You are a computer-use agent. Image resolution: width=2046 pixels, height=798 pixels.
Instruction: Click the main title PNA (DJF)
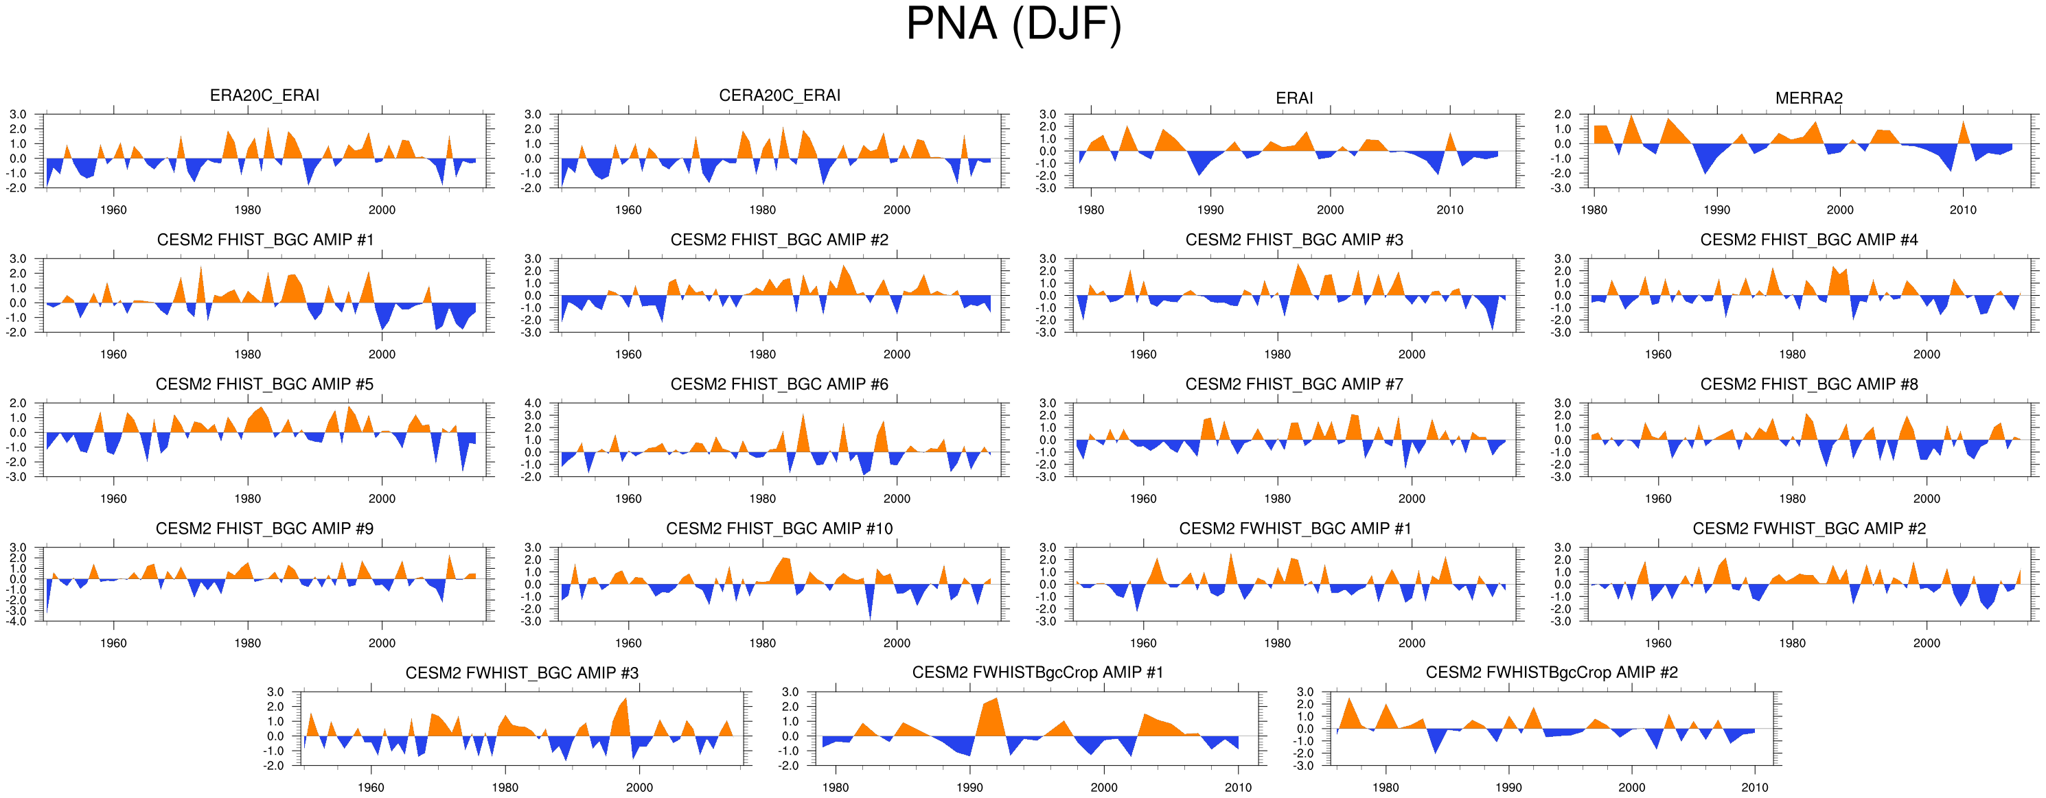pos(1013,25)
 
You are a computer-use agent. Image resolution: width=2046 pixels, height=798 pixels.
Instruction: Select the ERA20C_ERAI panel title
pos(264,95)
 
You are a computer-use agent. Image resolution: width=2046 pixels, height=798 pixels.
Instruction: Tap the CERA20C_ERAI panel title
pos(779,95)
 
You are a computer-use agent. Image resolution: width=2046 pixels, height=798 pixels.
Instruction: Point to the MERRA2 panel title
pos(1808,97)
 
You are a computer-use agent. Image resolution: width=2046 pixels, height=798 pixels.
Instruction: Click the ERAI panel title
pos(1294,97)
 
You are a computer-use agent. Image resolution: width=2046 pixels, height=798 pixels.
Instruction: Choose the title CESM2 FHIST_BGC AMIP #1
pos(264,239)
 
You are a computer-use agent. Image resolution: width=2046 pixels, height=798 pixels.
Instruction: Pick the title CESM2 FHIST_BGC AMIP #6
pos(779,384)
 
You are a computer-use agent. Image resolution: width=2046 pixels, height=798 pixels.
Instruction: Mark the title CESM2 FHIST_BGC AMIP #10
pos(779,529)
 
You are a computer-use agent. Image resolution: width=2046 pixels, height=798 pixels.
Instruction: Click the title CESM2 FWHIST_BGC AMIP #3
pos(522,673)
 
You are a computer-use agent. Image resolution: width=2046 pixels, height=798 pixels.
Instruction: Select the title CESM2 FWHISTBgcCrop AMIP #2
pos(1551,672)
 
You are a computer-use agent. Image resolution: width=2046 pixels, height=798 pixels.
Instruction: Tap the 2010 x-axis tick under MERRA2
pos(1963,211)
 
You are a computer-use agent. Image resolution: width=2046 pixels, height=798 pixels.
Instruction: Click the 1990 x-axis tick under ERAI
pos(1210,211)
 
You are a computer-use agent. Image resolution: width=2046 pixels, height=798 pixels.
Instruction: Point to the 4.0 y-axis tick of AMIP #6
pos(532,403)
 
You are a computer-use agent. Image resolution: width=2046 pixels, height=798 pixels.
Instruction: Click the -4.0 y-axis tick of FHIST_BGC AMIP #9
pos(17,622)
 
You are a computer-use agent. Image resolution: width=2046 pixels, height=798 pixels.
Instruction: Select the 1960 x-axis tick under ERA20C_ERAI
pos(113,211)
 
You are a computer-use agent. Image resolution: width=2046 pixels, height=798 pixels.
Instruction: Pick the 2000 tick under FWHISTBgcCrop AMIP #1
pos(1104,788)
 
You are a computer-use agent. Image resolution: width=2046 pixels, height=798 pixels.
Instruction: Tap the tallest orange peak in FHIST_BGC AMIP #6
pos(803,415)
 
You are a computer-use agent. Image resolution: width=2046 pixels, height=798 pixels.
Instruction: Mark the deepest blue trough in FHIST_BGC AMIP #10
pos(871,617)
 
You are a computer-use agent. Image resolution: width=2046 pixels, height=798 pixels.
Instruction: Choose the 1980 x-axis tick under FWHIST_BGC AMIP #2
pos(1793,643)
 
